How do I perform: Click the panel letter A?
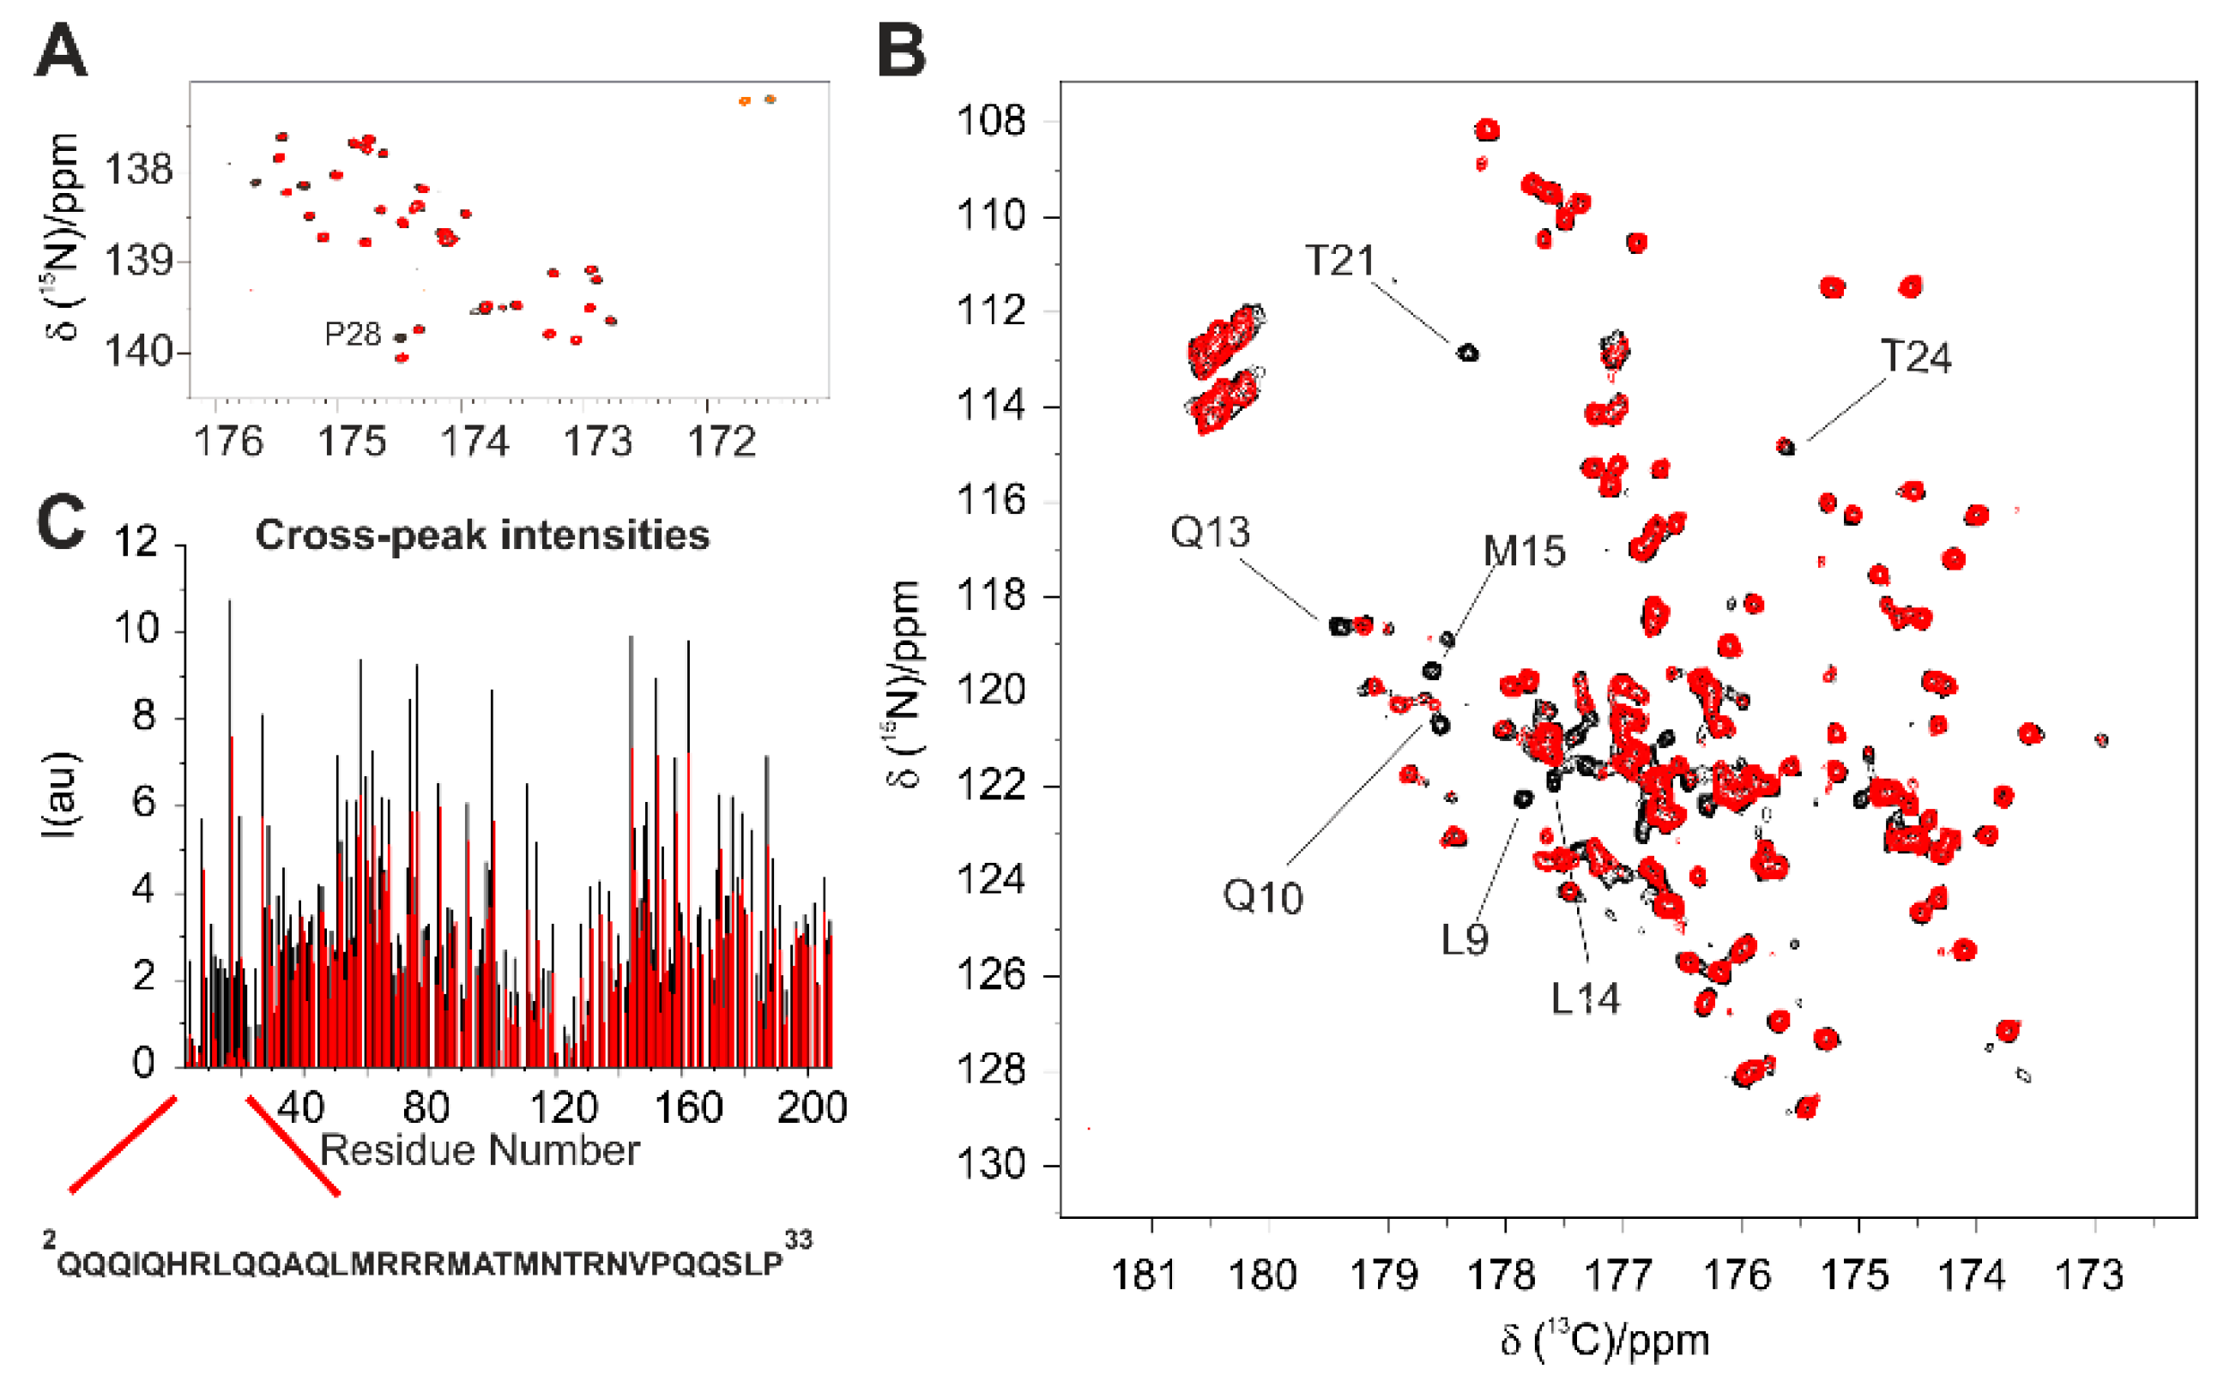pyautogui.click(x=61, y=51)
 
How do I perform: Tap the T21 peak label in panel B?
pyautogui.click(x=1339, y=262)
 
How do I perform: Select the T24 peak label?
pyautogui.click(x=1915, y=357)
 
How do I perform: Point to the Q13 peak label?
pyautogui.click(x=1209, y=533)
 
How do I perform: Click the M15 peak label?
pyautogui.click(x=1523, y=552)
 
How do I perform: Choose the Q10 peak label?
pyautogui.click(x=1261, y=897)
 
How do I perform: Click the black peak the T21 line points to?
pyautogui.click(x=1467, y=353)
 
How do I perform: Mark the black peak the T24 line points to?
pyautogui.click(x=1784, y=447)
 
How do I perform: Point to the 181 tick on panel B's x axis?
pyautogui.click(x=1143, y=1275)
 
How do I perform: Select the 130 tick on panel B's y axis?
pyautogui.click(x=990, y=1165)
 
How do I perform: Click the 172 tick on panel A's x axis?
pyautogui.click(x=722, y=442)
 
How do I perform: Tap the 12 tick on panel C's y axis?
pyautogui.click(x=136, y=542)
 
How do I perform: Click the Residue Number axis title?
pyautogui.click(x=479, y=1150)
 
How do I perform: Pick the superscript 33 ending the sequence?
pyautogui.click(x=797, y=1240)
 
